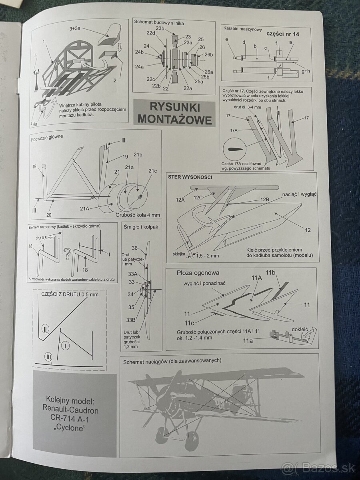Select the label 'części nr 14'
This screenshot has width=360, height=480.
[282, 34]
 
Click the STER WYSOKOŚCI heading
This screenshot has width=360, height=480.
[190, 177]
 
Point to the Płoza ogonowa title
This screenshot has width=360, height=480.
[198, 273]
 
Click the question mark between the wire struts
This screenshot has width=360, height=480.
[67, 253]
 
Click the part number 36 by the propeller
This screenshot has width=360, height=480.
[135, 248]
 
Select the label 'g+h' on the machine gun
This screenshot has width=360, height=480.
[306, 71]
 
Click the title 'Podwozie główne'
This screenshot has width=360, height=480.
[46, 136]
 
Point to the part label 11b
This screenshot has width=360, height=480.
[271, 273]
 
